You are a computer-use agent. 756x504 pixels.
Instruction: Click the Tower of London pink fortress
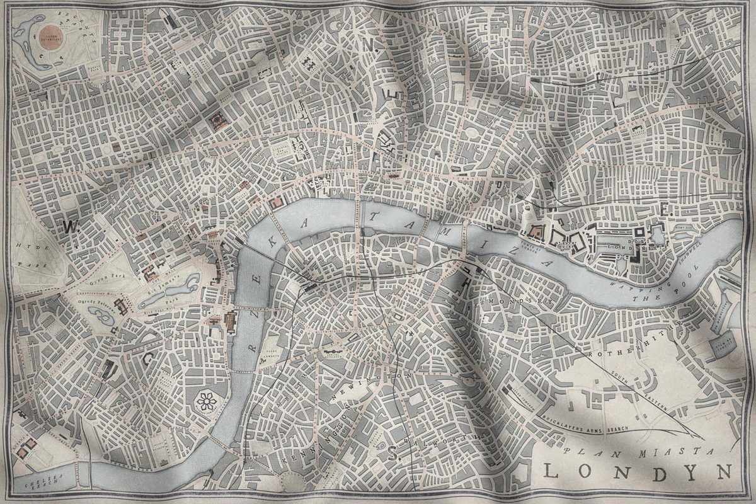click(536, 232)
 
